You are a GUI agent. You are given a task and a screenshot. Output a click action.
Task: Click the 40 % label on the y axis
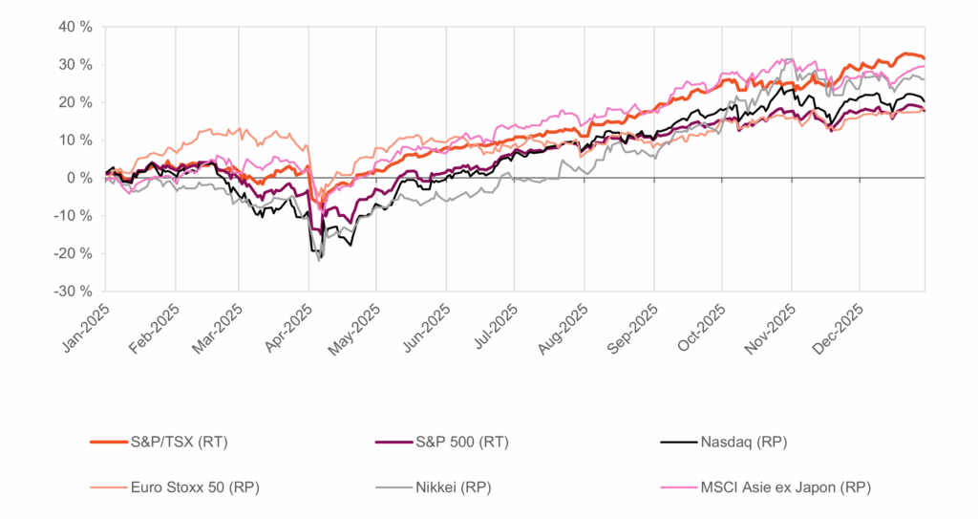74,27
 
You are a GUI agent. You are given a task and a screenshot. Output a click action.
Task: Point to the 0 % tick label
77,178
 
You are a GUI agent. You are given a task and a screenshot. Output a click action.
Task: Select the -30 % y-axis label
72,292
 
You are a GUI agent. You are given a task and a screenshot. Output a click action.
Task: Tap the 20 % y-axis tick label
74,102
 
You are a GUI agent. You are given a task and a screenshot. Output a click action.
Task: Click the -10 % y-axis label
72,216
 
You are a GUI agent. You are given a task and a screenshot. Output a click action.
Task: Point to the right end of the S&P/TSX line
924,57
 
